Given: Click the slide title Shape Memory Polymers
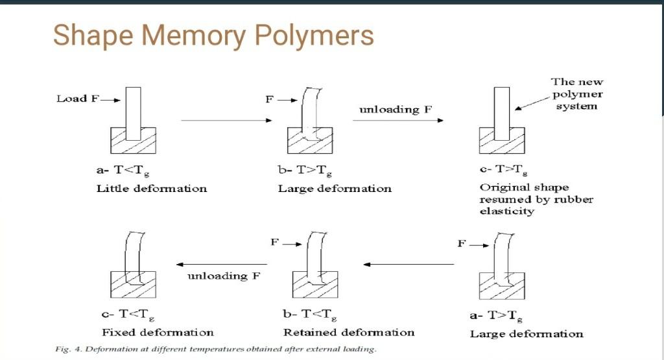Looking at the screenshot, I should click(x=213, y=35).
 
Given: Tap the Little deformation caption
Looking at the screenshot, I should click(x=152, y=189).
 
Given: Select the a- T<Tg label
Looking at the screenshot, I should click(x=118, y=171).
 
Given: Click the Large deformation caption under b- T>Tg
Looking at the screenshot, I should click(x=335, y=189).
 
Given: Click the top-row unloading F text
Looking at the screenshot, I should click(x=396, y=110).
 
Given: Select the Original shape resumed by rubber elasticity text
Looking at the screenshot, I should click(x=536, y=199).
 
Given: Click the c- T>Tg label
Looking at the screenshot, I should click(x=503, y=171).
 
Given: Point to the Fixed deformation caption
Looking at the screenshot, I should click(x=158, y=332).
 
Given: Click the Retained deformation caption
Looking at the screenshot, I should click(x=349, y=332).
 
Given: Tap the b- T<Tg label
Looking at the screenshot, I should click(x=309, y=315).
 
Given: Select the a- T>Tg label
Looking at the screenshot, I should click(x=496, y=317).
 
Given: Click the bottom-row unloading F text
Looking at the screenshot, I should click(x=224, y=276).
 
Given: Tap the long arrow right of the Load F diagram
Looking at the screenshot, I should click(x=225, y=120).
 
